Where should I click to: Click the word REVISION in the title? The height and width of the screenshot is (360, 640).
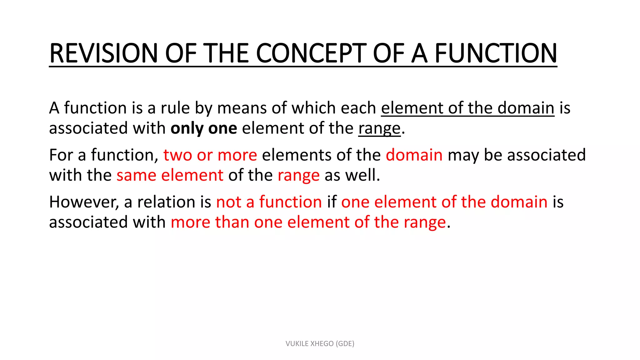point(103,53)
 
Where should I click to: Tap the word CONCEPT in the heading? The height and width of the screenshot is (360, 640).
point(311,53)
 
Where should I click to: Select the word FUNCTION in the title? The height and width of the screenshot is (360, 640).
point(496,53)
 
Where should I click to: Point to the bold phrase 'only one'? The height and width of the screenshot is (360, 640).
point(204,128)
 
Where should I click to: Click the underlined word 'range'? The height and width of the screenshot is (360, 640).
point(379,128)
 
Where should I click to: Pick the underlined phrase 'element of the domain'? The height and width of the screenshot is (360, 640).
point(467,108)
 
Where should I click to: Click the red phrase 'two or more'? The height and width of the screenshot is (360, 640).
point(210,155)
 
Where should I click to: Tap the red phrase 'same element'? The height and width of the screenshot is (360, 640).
point(170,175)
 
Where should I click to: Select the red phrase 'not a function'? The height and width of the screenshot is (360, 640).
point(269,202)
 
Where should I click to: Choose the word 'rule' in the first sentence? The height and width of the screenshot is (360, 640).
point(175,108)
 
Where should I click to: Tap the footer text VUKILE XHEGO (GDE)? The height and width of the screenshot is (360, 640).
point(320,344)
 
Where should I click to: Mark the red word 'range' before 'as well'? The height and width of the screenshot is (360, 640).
point(298,175)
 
